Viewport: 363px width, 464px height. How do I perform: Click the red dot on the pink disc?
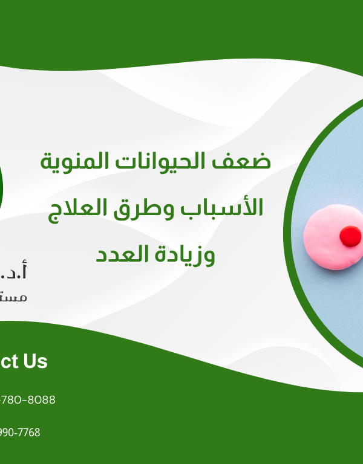[x=349, y=236]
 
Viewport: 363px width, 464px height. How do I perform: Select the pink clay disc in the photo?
[x=327, y=239]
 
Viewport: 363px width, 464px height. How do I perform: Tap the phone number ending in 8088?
[x=27, y=400]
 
